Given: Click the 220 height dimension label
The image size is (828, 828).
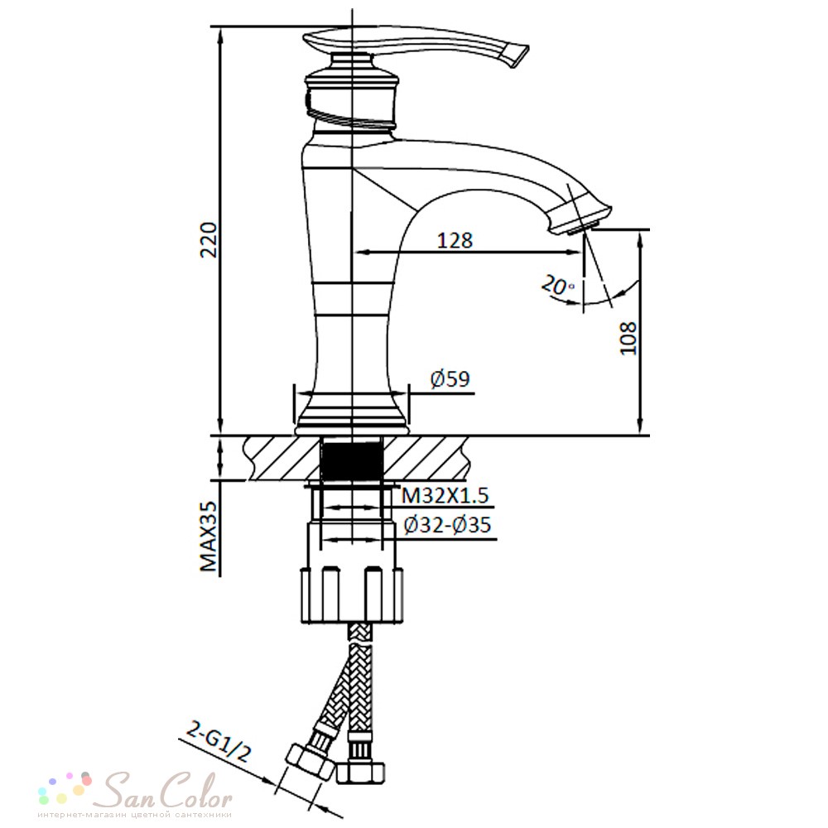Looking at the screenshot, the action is (209, 240).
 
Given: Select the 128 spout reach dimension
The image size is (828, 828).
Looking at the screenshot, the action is (455, 240).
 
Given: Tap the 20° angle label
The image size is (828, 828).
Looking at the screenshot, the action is (557, 286).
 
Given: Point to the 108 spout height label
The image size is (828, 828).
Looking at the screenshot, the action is (628, 338).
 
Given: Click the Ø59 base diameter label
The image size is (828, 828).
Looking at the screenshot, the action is (450, 379).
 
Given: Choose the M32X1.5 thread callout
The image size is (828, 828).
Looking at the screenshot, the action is (445, 496).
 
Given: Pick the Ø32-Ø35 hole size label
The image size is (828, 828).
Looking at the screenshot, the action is (447, 525).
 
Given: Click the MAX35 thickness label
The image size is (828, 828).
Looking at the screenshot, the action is (209, 537).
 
